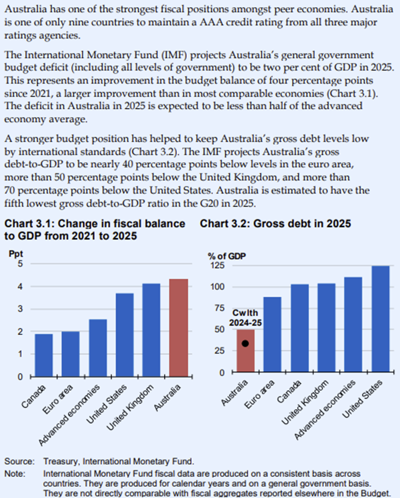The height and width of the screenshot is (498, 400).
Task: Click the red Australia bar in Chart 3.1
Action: (178, 328)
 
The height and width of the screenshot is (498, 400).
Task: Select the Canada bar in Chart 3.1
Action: (43, 355)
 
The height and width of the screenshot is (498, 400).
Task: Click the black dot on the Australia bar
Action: (245, 343)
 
